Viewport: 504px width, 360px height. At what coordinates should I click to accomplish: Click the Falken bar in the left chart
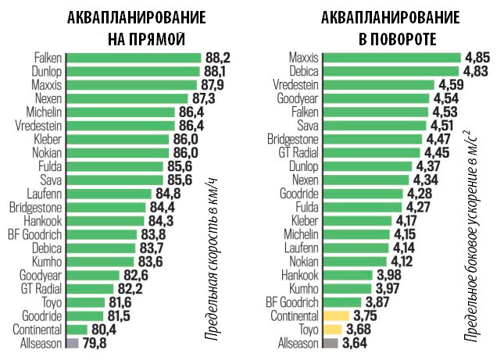point(133,57)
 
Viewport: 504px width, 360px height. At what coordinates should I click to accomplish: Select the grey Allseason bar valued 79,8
point(73,343)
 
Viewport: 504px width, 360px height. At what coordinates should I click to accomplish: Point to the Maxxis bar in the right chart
point(391,57)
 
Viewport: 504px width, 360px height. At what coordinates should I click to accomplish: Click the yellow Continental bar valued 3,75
point(335,315)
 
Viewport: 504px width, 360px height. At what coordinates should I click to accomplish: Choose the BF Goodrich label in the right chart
point(292,301)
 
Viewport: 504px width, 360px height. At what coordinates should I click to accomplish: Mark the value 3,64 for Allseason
point(356,343)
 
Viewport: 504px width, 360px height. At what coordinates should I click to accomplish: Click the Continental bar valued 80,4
point(77,329)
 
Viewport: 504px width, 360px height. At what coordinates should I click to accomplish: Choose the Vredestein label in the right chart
point(296,84)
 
